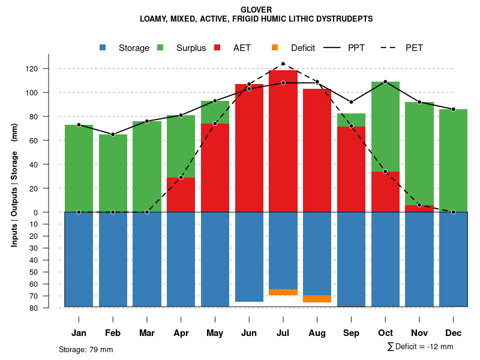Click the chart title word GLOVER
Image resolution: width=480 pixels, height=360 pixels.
[256, 10]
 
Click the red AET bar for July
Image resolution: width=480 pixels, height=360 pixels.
[283, 141]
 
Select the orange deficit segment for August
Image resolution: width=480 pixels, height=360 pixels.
[317, 299]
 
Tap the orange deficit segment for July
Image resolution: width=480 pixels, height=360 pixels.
[283, 292]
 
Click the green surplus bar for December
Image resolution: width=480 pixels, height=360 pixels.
[453, 161]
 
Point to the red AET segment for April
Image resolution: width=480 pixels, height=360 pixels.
[181, 195]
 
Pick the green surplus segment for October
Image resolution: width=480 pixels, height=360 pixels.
[385, 127]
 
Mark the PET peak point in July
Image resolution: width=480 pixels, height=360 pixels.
[283, 64]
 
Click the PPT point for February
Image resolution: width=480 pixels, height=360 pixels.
[113, 134]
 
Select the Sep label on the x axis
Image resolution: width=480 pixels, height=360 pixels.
[352, 333]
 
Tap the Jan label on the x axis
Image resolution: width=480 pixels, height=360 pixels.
[79, 333]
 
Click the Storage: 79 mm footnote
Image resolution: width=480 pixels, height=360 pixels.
[86, 349]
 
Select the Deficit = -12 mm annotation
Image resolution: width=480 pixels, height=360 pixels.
[421, 347]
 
